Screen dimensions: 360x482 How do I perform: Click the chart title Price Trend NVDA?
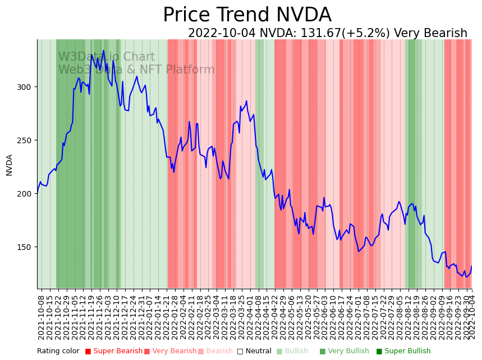(x=247, y=15)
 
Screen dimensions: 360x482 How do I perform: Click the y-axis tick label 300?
(x=25, y=87)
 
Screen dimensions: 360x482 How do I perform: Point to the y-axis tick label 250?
(x=25, y=140)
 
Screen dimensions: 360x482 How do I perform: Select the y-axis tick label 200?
(x=25, y=194)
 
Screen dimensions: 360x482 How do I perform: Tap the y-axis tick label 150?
(x=25, y=247)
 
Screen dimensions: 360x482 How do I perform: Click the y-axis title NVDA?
(x=9, y=165)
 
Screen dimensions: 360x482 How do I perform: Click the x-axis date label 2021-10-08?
(x=41, y=316)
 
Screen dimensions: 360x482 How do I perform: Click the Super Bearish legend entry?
(x=114, y=352)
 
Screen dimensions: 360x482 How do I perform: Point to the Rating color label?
(x=58, y=352)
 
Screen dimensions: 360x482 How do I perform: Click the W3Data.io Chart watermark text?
(x=107, y=57)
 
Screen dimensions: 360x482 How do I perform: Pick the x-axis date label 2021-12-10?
(x=117, y=316)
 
